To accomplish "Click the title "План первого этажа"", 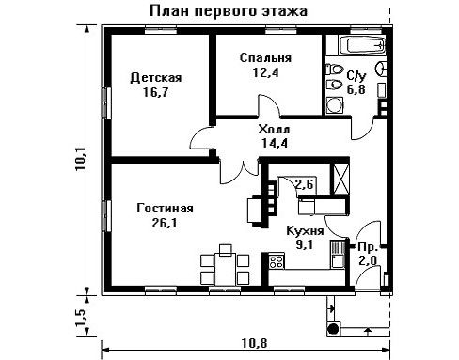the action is [229, 11].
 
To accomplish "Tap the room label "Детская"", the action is [156, 77].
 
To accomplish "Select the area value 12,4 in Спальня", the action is [265, 72].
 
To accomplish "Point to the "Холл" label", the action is [274, 129].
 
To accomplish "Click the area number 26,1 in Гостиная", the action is [165, 223].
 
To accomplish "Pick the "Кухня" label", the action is [305, 231].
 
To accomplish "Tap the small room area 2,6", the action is [304, 184].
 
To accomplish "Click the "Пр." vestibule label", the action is [368, 247].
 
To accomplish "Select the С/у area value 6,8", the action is [356, 90].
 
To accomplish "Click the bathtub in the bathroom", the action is [362, 45].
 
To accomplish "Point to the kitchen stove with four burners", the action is [277, 261].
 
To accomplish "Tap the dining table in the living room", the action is [225, 269].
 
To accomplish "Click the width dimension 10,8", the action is [254, 343].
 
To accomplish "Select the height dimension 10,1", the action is [80, 159].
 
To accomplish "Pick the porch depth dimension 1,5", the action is [80, 317].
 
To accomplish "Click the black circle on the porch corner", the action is [333, 329].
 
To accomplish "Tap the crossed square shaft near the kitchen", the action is [341, 179].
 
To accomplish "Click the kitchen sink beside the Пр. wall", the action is [338, 254].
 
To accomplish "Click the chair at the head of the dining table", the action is [225, 250].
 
